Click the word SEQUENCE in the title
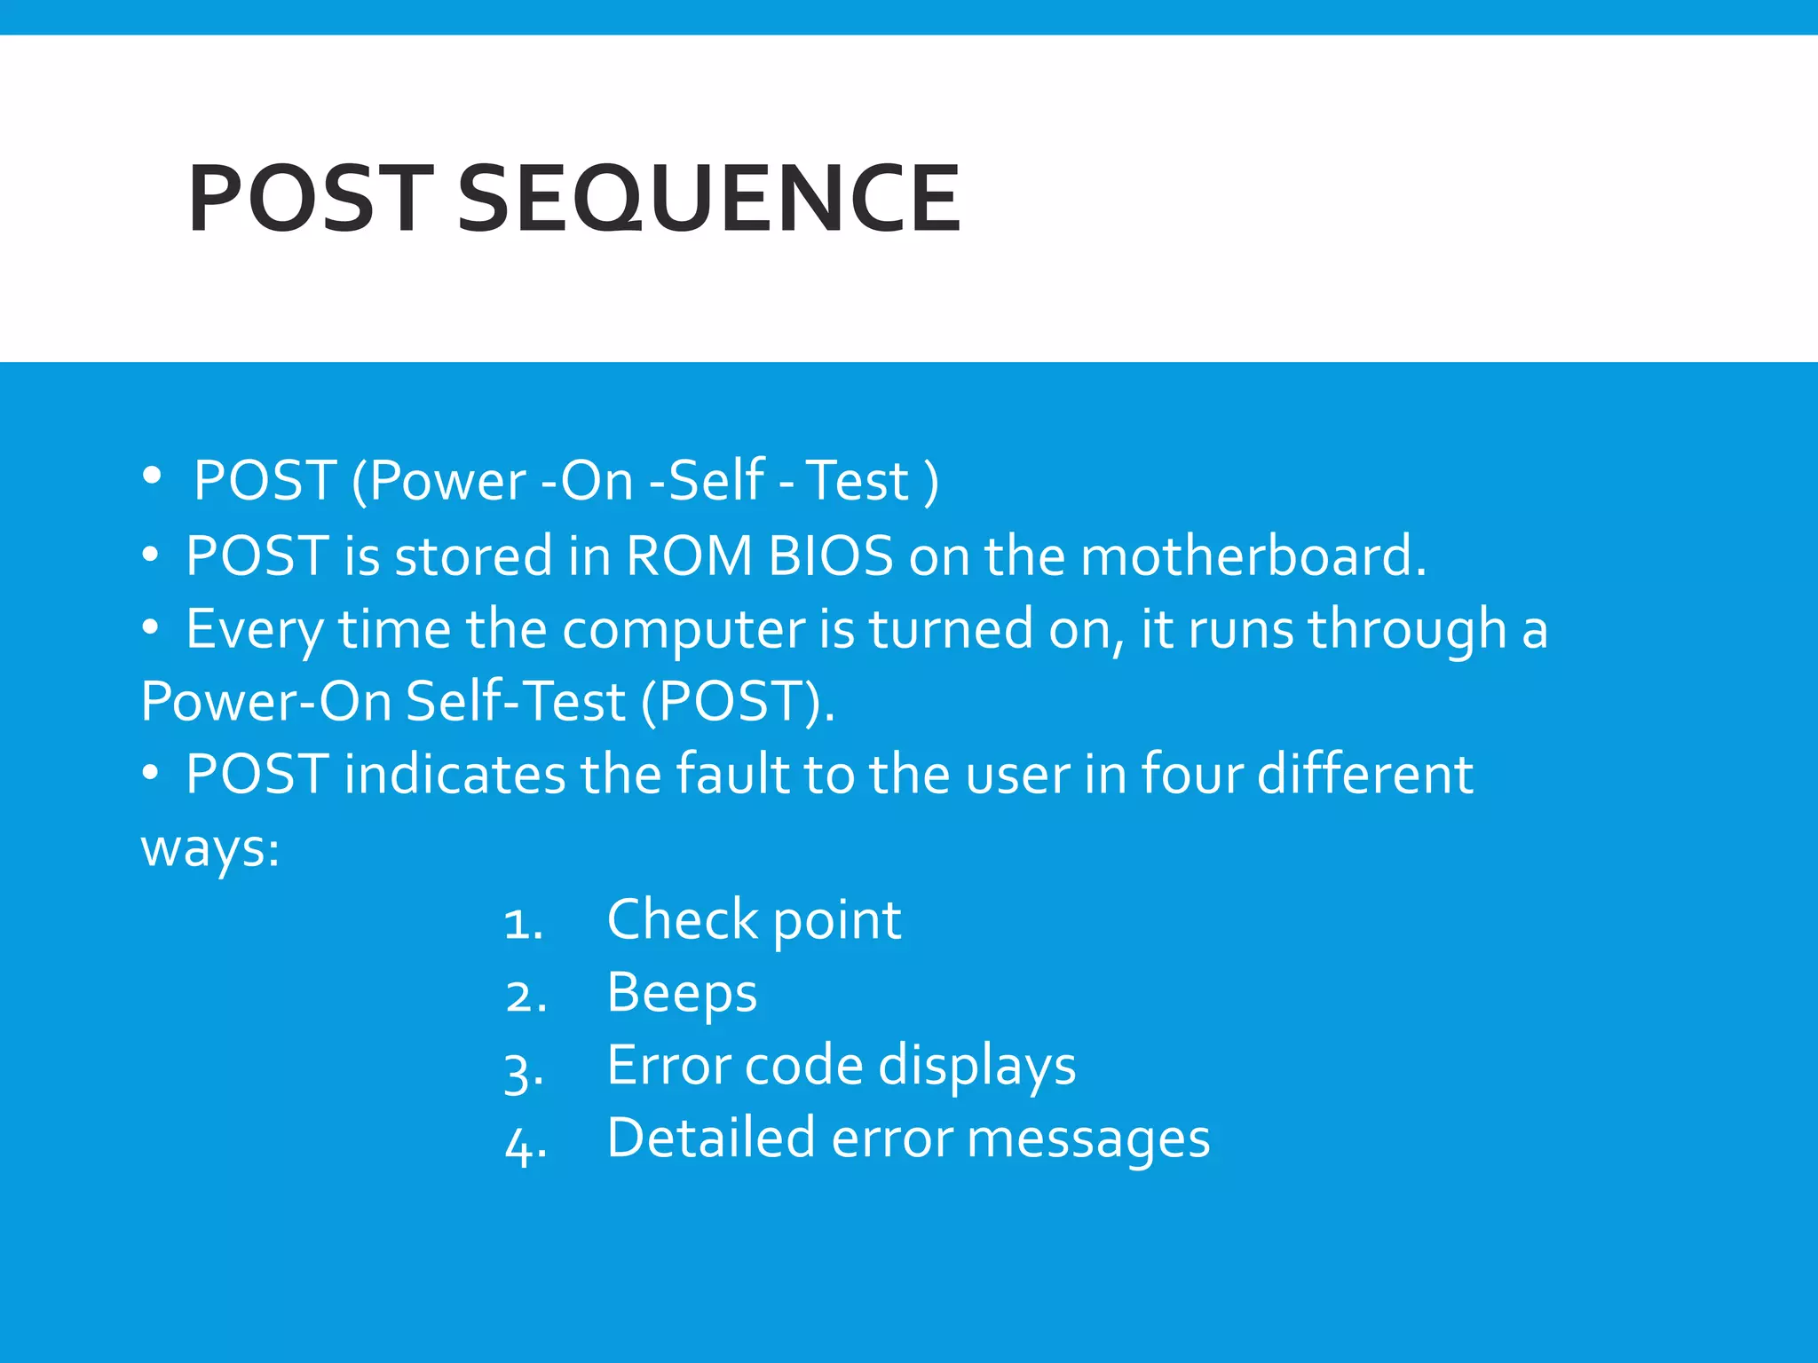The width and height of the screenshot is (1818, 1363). pyautogui.click(x=708, y=200)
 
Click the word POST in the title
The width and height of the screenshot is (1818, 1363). pyautogui.click(x=310, y=200)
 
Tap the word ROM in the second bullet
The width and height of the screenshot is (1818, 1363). pyautogui.click(x=689, y=556)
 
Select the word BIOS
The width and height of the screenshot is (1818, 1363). pyautogui.click(x=830, y=556)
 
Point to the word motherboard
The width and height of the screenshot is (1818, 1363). pyautogui.click(x=1253, y=556)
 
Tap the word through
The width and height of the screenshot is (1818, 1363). pyautogui.click(x=1407, y=630)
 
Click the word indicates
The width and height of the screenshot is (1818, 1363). pyautogui.click(x=454, y=774)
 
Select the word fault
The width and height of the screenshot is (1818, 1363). pyautogui.click(x=732, y=774)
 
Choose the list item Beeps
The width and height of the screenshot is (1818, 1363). pyautogui.click(x=682, y=993)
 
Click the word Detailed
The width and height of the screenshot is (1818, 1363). pyautogui.click(x=711, y=1138)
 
